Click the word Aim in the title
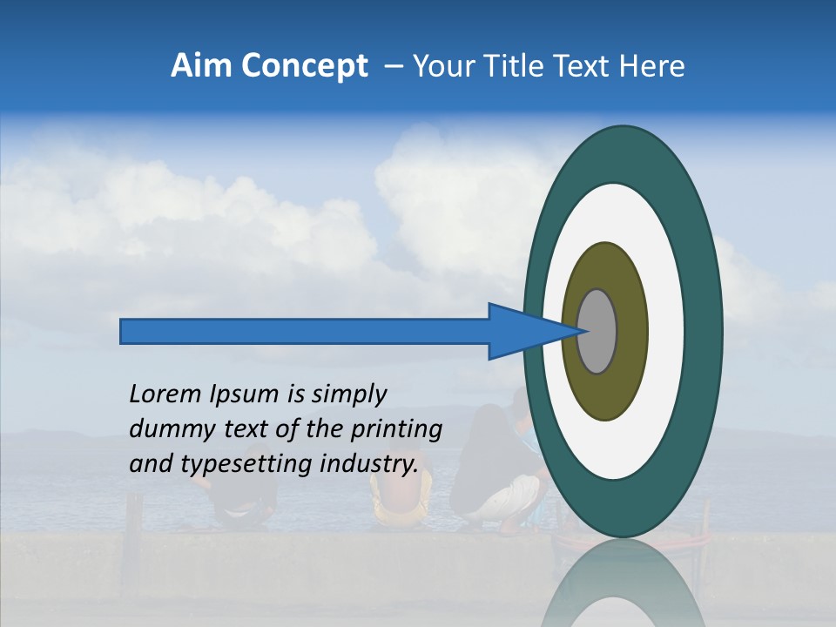point(202,65)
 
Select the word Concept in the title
point(305,66)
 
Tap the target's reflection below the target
point(622,588)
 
